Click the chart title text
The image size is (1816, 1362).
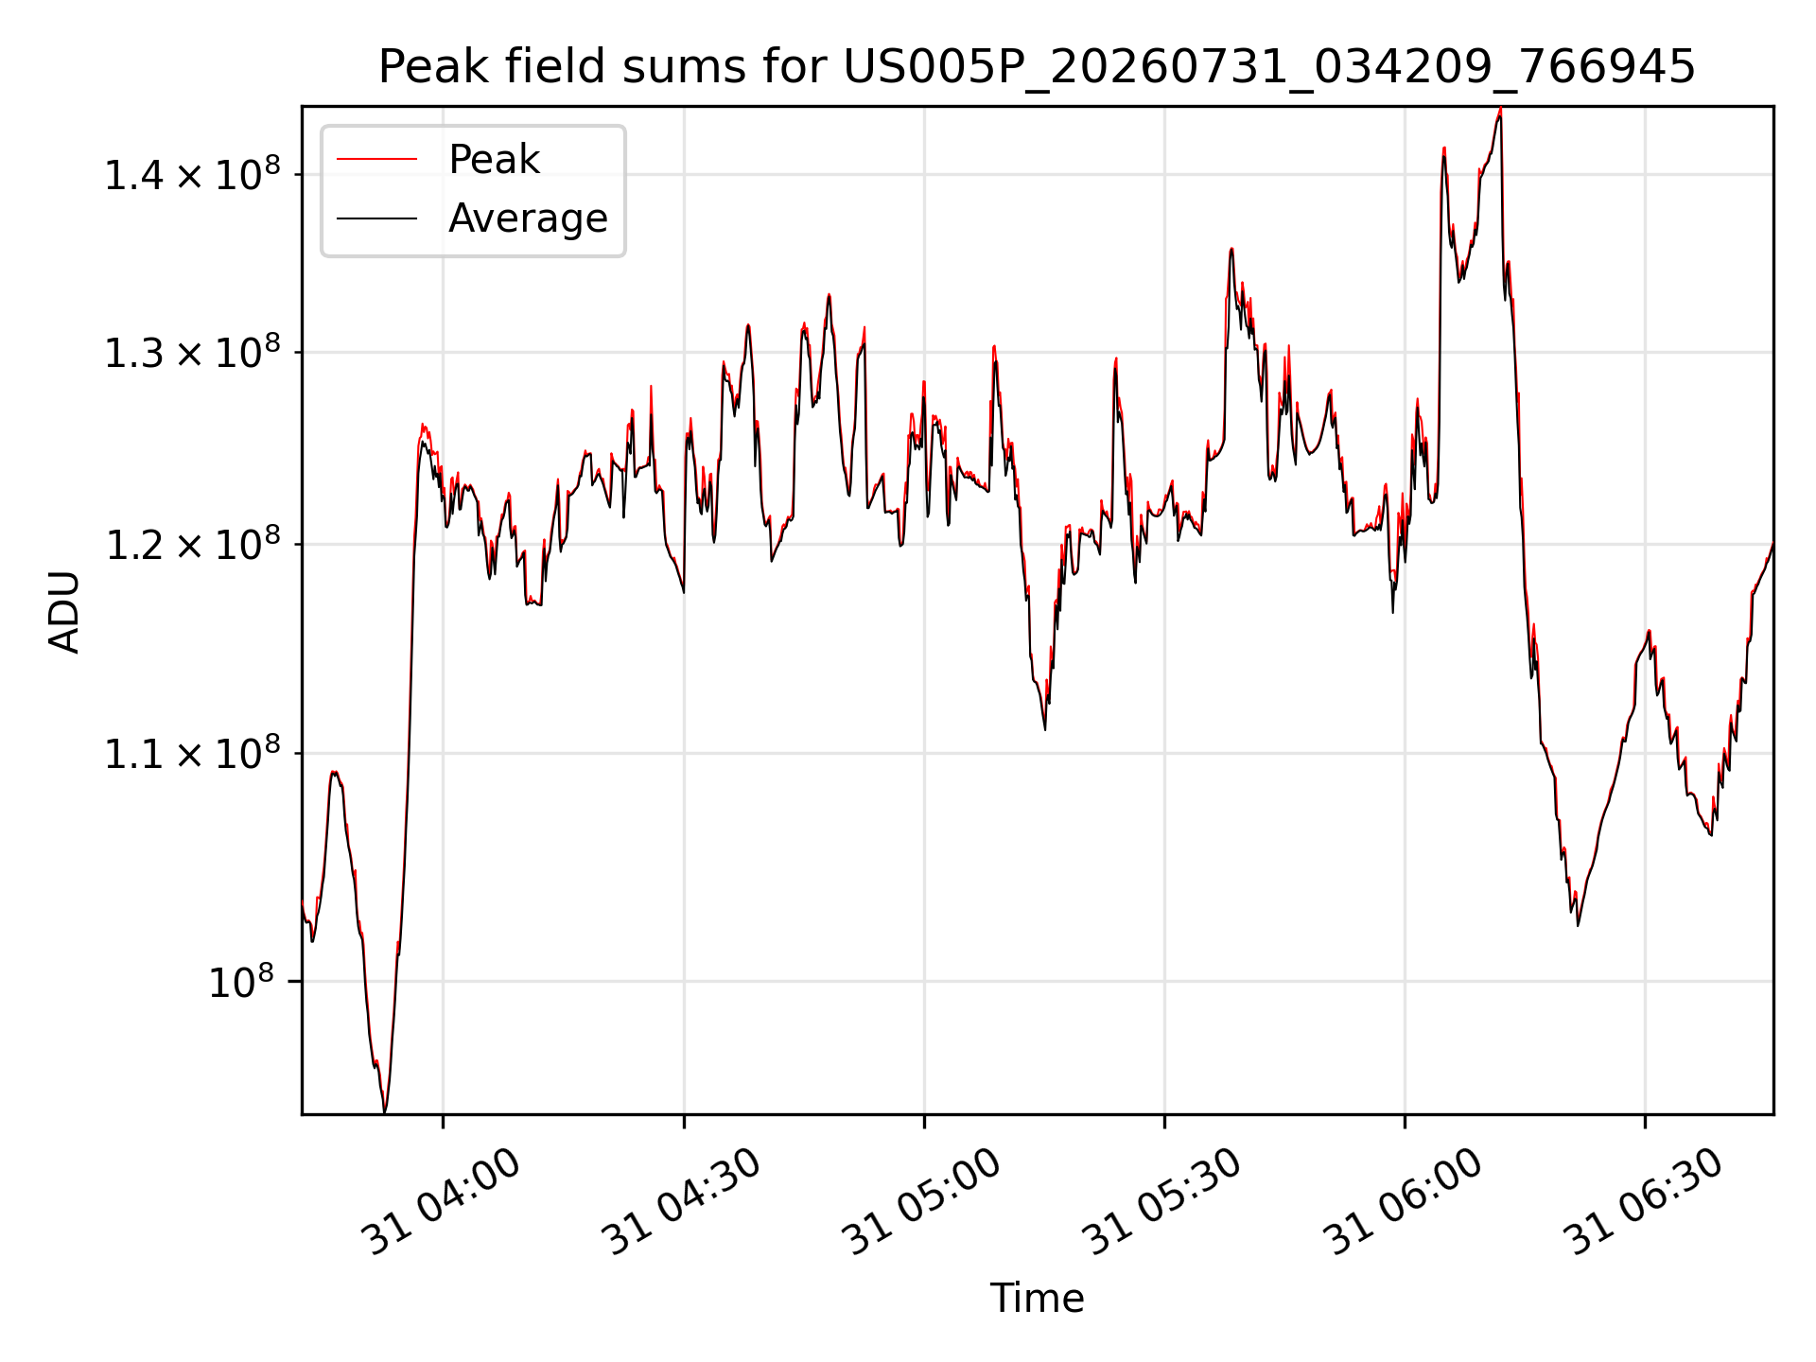(x=1037, y=67)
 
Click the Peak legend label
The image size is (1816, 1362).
(x=494, y=160)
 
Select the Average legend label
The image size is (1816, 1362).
(x=528, y=218)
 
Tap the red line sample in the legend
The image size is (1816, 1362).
(x=376, y=160)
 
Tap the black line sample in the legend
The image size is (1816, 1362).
(x=376, y=218)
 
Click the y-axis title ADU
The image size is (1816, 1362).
(x=65, y=611)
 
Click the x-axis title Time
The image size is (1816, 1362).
(x=1037, y=1298)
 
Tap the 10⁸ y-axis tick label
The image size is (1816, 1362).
(x=240, y=981)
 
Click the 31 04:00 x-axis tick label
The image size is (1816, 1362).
(x=442, y=1202)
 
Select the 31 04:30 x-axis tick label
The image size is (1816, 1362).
(x=682, y=1202)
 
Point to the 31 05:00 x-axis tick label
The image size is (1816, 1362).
(x=922, y=1202)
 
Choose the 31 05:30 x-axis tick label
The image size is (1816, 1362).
(x=1162, y=1202)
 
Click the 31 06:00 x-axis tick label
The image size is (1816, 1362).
(x=1403, y=1202)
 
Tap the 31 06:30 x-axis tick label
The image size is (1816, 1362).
(x=1643, y=1202)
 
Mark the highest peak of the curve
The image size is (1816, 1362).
(x=1500, y=109)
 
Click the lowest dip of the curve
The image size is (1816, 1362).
(x=384, y=1111)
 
